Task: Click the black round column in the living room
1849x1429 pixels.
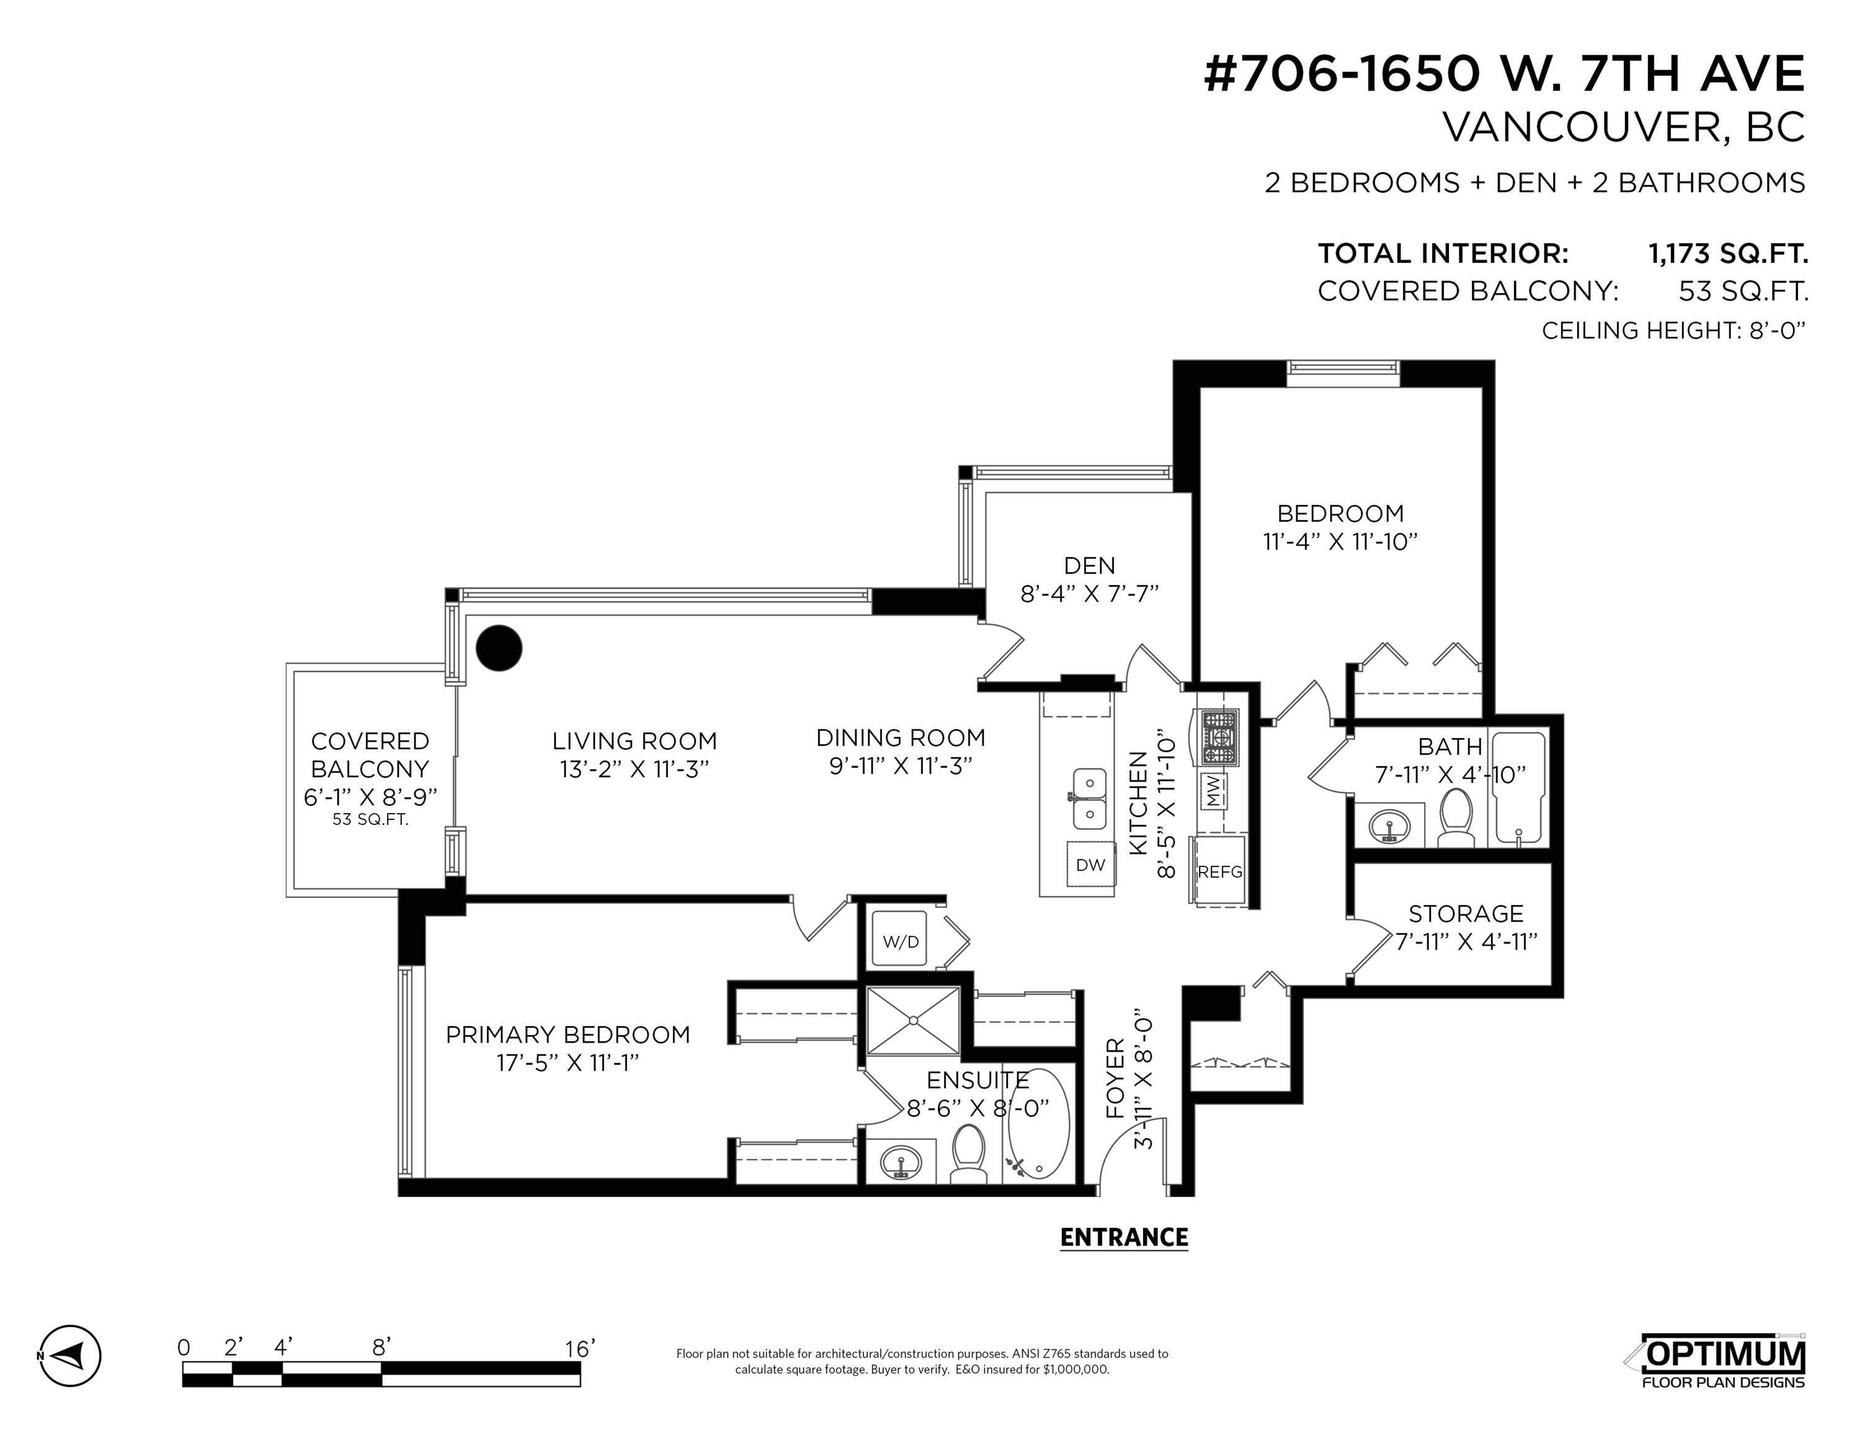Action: coord(499,649)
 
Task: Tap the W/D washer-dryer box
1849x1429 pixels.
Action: coord(901,942)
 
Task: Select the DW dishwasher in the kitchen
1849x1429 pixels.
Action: coord(1090,865)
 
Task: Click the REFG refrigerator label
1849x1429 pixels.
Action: coord(1220,872)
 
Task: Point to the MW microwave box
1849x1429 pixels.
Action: coord(1213,791)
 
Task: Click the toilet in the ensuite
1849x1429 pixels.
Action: coord(968,1153)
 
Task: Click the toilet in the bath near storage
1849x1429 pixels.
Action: coord(1456,819)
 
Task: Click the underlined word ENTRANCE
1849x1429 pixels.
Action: coord(1125,1238)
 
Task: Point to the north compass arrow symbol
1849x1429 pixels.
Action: coord(69,1355)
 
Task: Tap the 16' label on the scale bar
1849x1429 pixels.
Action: coord(580,1348)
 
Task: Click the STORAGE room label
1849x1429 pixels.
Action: coord(1466,914)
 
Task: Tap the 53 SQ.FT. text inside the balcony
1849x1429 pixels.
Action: coord(371,819)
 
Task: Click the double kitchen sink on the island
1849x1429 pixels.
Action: coord(1090,798)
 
